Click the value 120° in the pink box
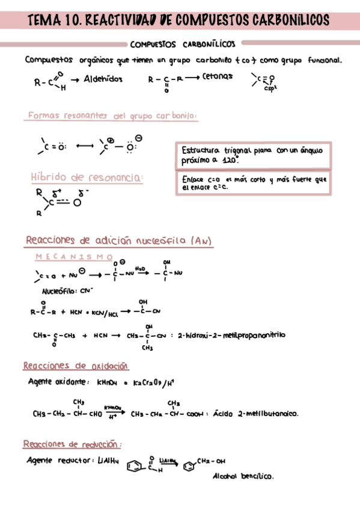coord(228,161)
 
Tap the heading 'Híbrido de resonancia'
coord(87,177)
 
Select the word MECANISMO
coord(75,257)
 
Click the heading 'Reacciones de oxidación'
coord(76,366)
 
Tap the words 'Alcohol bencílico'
coord(243,476)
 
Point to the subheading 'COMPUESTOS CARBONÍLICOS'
coord(182,44)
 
